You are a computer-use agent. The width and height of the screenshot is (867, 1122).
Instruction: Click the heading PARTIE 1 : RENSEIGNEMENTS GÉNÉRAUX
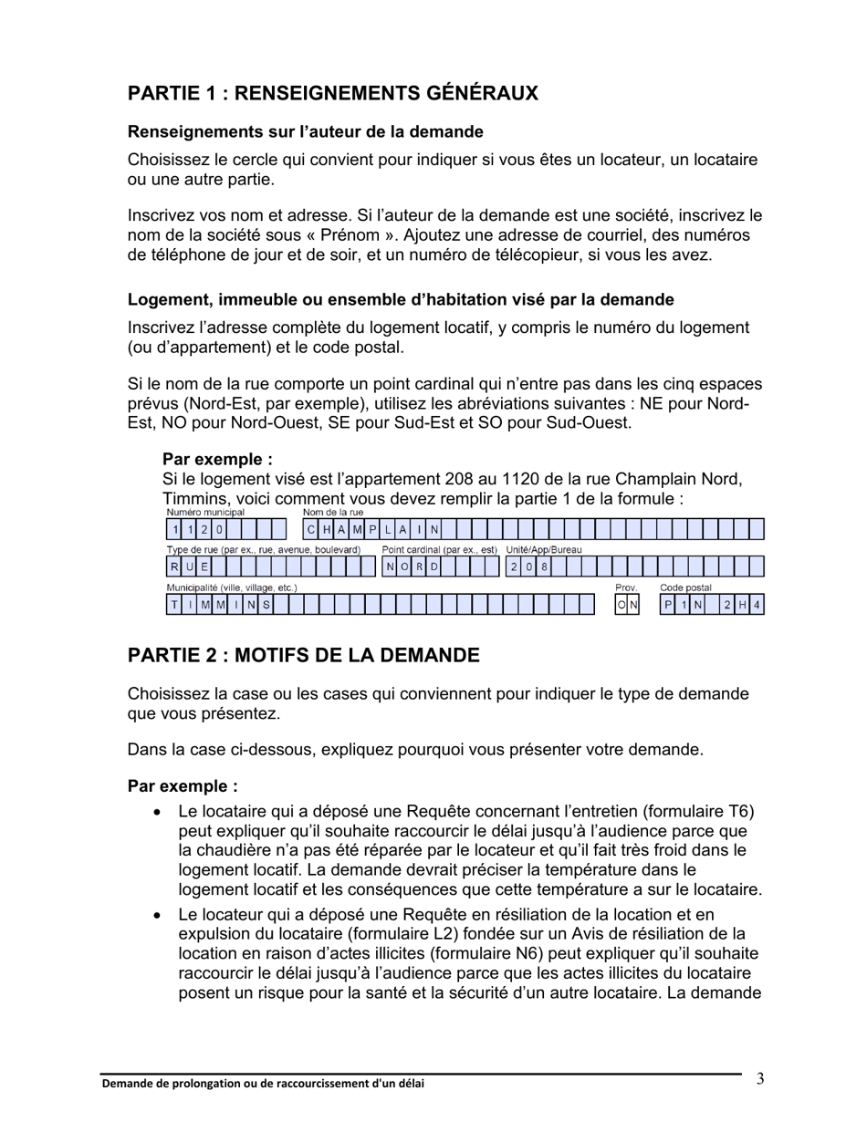pos(332,93)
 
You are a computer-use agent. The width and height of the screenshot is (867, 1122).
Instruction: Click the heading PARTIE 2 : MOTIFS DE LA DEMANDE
pos(303,655)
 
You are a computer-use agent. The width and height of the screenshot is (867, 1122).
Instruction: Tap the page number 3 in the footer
pos(760,1080)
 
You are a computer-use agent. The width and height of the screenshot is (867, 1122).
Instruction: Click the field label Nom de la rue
pos(333,513)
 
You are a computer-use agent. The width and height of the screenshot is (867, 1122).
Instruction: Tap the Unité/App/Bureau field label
pos(544,551)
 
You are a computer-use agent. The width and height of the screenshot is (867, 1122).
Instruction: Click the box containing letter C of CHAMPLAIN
pos(311,529)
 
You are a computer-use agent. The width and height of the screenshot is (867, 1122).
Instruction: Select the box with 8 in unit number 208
pos(545,567)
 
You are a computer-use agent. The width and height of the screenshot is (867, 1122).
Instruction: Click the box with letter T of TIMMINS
pos(173,605)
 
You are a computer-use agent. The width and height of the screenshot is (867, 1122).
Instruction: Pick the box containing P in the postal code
pos(668,605)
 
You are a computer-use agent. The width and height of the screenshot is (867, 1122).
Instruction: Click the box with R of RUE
pos(173,567)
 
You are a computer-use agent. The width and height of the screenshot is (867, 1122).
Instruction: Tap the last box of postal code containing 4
pos(757,605)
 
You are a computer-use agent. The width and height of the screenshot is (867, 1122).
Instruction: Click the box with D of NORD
pos(435,567)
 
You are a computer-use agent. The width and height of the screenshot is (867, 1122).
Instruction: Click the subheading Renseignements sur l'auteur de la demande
pos(305,132)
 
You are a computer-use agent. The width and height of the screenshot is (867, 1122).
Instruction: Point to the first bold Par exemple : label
pos(217,459)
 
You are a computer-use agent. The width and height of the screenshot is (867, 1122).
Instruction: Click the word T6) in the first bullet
pos(739,812)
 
